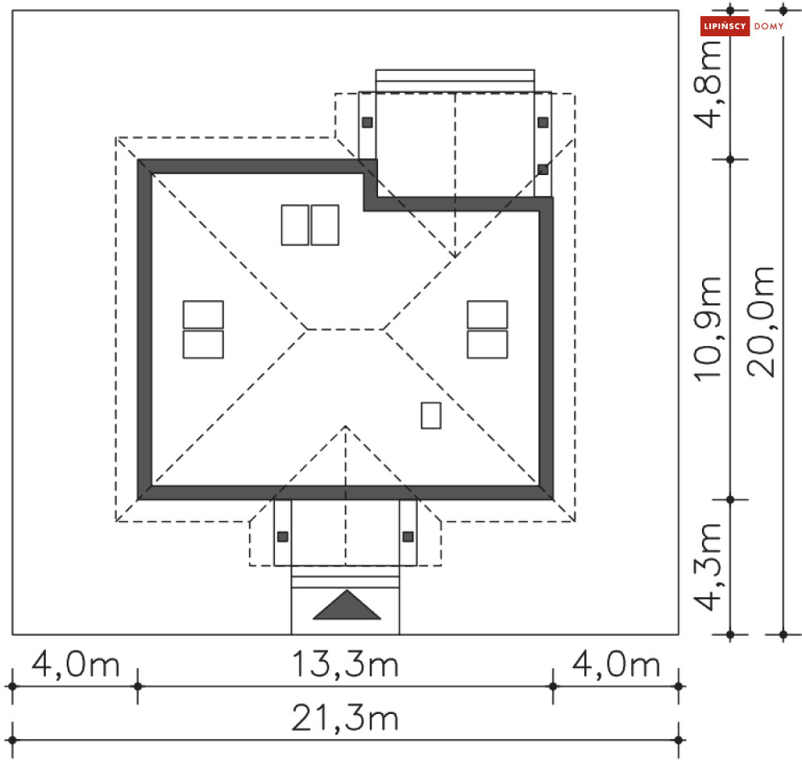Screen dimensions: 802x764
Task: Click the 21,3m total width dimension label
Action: tap(345, 718)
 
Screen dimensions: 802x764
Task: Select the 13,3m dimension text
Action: tap(345, 664)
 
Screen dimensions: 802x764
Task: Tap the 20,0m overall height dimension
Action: tap(761, 322)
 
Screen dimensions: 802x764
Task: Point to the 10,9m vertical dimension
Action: tap(708, 328)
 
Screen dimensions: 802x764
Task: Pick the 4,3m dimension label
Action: tap(708, 567)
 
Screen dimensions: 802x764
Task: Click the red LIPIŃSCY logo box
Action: tap(725, 26)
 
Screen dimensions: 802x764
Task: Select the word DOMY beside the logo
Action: tap(769, 26)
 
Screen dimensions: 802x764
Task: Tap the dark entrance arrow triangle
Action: tap(347, 605)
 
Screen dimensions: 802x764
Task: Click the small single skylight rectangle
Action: tap(431, 415)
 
